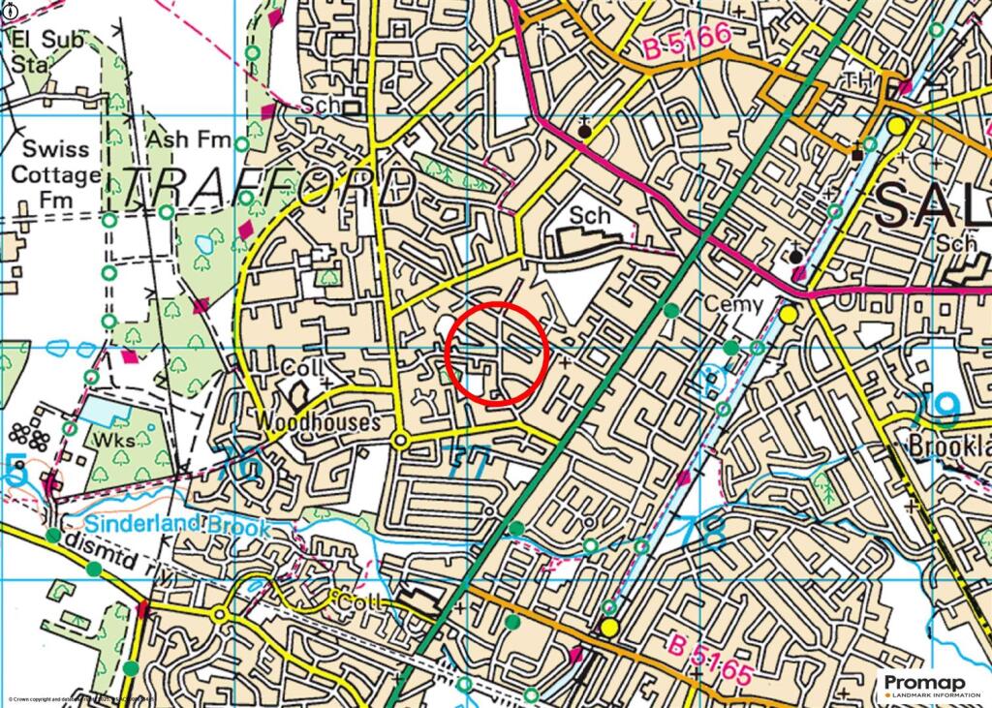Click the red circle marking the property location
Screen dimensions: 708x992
(497, 353)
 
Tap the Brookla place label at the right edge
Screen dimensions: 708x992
(949, 448)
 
